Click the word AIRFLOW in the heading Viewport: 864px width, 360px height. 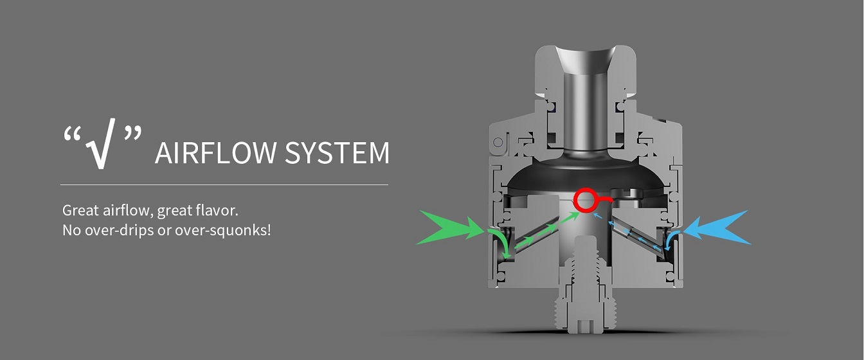[x=215, y=153]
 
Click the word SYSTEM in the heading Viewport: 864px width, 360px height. [x=337, y=153]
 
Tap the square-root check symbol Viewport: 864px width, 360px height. [x=101, y=143]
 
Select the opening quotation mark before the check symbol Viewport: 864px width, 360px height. [x=72, y=134]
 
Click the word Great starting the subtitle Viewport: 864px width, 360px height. [x=80, y=210]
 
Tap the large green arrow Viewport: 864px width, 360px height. [x=450, y=228]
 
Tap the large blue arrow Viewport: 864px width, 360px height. [x=717, y=228]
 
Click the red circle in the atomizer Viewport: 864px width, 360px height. [x=585, y=200]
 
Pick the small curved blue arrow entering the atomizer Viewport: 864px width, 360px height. [x=672, y=240]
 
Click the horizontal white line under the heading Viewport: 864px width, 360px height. [x=224, y=185]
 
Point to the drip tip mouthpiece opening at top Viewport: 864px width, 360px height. [x=585, y=58]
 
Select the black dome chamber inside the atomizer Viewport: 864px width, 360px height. [x=585, y=175]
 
